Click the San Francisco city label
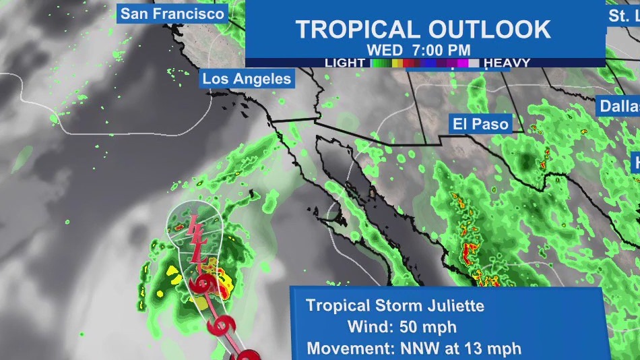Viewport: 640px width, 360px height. click(172, 13)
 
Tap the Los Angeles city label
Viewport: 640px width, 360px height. click(247, 79)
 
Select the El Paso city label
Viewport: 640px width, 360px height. click(480, 123)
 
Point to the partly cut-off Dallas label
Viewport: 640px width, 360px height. click(618, 106)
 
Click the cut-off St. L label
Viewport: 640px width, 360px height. click(623, 16)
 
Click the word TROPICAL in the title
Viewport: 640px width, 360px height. click(357, 29)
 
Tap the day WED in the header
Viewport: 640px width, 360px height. click(384, 50)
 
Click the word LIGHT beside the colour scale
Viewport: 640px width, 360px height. click(345, 63)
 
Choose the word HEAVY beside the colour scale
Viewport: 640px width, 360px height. click(507, 63)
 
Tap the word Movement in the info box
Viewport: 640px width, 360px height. click(342, 349)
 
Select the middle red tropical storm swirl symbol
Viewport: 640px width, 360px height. click(221, 325)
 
